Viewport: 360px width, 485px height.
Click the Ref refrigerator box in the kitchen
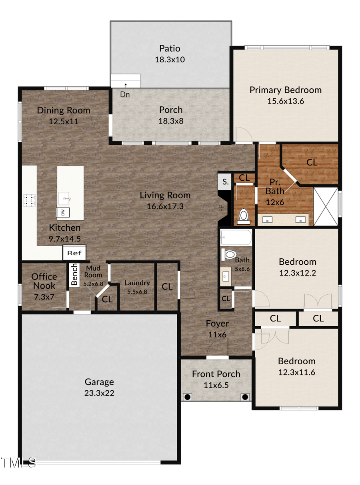click(x=74, y=253)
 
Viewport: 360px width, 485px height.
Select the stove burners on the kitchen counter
click(x=30, y=200)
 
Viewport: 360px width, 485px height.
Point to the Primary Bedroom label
click(x=285, y=90)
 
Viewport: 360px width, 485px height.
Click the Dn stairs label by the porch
click(x=125, y=95)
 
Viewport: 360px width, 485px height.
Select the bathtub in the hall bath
click(x=236, y=238)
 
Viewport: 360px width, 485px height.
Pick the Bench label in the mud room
click(x=74, y=274)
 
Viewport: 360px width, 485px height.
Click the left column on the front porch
click(x=187, y=397)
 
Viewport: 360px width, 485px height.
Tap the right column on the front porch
click(x=245, y=397)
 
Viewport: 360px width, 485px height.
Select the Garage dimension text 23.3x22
click(x=99, y=393)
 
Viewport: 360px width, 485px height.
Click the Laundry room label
click(x=137, y=283)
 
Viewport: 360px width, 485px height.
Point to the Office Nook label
click(x=44, y=281)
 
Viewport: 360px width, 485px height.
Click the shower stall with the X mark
click(x=325, y=206)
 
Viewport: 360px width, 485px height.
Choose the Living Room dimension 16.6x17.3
click(x=165, y=207)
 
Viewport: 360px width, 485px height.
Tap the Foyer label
click(x=217, y=323)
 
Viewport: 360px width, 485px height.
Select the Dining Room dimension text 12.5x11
click(x=64, y=121)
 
